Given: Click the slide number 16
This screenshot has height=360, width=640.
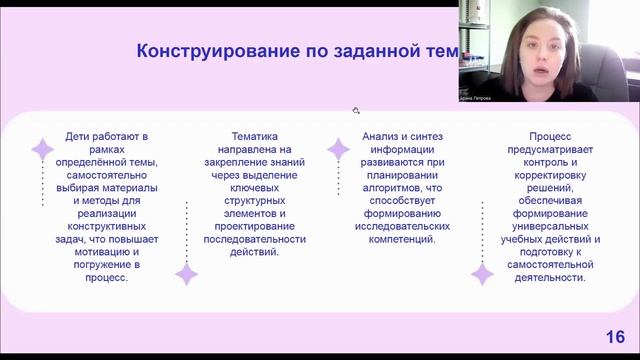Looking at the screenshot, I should point(615,336).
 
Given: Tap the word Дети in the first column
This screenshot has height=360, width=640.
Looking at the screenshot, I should point(81,135).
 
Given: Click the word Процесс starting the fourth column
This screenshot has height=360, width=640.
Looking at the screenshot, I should point(553,135).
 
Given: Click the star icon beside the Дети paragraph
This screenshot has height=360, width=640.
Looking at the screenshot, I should point(43,151).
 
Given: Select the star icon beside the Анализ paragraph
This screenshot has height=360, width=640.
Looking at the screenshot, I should point(338,150).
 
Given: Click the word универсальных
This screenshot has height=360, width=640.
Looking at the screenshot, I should point(553,226).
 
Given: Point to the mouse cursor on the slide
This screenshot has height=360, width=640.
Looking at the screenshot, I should point(355,110).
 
